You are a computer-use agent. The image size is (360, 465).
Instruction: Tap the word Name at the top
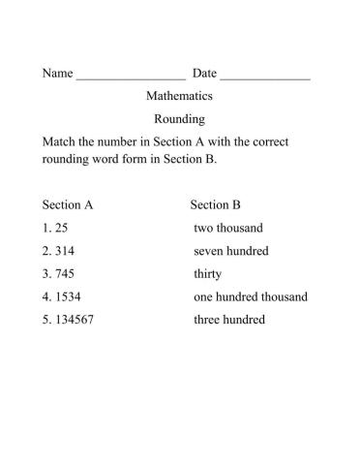pyautogui.click(x=57, y=74)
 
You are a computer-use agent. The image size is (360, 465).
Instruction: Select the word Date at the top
pyautogui.click(x=204, y=74)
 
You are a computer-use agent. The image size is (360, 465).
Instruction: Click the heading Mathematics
pyautogui.click(x=179, y=96)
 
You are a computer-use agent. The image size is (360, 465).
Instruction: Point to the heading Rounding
pyautogui.click(x=179, y=119)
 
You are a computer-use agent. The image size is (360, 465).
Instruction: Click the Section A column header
pyautogui.click(x=68, y=205)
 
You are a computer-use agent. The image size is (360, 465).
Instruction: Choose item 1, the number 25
pyautogui.click(x=54, y=229)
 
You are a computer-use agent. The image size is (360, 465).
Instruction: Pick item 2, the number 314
pyautogui.click(x=58, y=251)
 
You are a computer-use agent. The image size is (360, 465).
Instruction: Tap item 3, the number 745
pyautogui.click(x=58, y=274)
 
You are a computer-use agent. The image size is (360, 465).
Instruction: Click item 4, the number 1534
pyautogui.click(x=61, y=297)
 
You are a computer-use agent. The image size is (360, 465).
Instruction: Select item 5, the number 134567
pyautogui.click(x=68, y=321)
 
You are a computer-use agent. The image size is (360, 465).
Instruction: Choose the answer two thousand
pyautogui.click(x=227, y=229)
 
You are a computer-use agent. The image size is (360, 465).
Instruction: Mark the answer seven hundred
pyautogui.click(x=231, y=251)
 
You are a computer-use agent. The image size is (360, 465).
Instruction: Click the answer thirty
pyautogui.click(x=208, y=274)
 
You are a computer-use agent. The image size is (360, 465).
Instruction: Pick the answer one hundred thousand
pyautogui.click(x=251, y=297)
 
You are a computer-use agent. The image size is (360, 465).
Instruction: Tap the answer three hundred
pyautogui.click(x=229, y=321)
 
